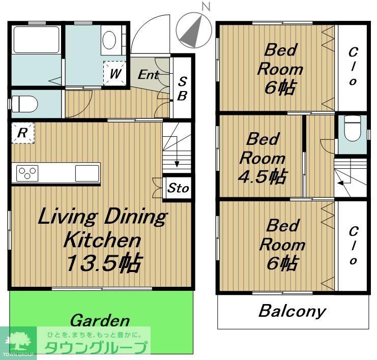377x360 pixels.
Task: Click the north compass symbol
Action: click(194, 30)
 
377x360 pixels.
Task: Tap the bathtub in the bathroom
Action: click(36, 40)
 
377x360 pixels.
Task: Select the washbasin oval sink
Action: click(109, 40)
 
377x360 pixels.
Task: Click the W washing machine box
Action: click(114, 73)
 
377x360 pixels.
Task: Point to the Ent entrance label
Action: click(149, 75)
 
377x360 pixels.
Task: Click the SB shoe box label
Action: click(182, 88)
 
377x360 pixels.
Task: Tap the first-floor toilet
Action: click(25, 104)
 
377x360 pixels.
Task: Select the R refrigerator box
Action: click(23, 133)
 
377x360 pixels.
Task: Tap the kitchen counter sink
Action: click(87, 173)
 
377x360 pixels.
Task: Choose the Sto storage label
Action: click(178, 188)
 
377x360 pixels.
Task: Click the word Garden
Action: click(100, 320)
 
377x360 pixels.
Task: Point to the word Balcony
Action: click(293, 311)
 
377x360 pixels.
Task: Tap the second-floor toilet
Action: click(353, 128)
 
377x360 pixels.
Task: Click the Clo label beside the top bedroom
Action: click(353, 66)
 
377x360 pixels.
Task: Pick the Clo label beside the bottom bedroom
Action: click(353, 246)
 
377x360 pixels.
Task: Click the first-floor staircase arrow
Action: click(177, 152)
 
